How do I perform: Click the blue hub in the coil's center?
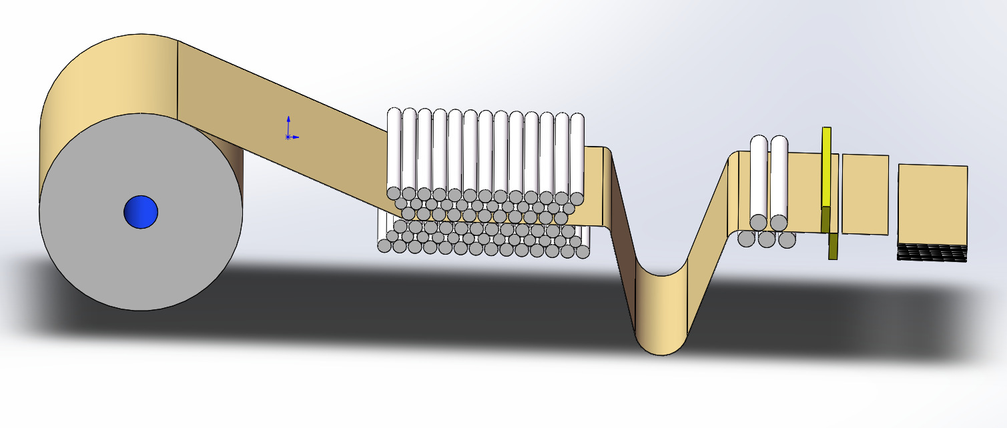(141, 212)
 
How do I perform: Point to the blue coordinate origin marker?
(288, 137)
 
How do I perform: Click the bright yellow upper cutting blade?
(827, 167)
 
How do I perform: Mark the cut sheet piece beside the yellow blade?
(866, 194)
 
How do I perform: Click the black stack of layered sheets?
(932, 252)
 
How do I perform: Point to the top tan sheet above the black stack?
(932, 203)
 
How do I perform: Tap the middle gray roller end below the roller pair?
(767, 239)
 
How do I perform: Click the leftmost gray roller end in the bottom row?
(384, 246)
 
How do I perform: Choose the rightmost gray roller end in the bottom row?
(583, 251)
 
